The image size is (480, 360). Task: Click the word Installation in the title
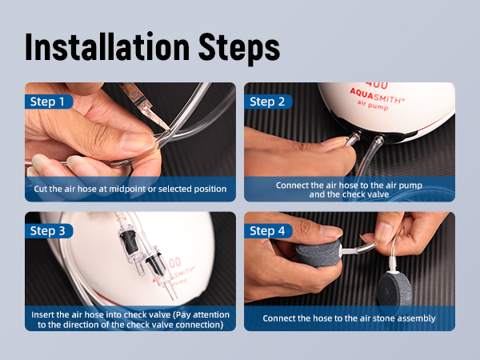[107, 47]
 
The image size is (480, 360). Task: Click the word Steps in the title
[239, 48]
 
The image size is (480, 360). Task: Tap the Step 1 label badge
[49, 102]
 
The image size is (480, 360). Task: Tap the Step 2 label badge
[268, 102]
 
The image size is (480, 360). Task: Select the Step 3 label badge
[49, 231]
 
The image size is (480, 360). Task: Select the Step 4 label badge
[268, 231]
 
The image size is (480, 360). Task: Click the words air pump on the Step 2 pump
[373, 106]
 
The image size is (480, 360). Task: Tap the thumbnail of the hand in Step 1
[137, 142]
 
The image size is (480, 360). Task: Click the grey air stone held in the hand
[318, 253]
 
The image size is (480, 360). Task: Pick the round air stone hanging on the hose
[395, 289]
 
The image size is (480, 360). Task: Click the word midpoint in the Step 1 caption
[127, 189]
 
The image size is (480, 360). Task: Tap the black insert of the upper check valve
[128, 242]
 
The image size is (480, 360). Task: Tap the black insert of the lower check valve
[156, 265]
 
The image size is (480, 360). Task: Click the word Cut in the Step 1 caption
[41, 189]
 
